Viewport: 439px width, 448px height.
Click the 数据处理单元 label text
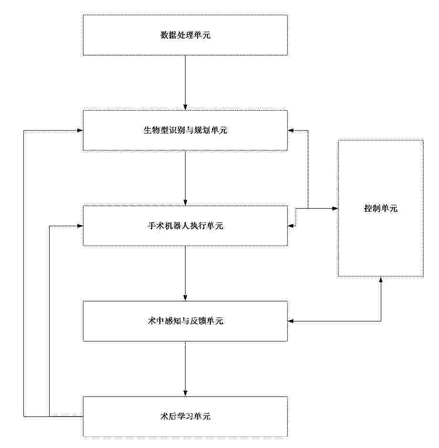click(185, 35)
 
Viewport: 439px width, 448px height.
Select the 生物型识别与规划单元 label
click(185, 130)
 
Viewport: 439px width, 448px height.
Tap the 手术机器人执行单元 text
click(185, 226)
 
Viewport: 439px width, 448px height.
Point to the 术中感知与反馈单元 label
click(185, 321)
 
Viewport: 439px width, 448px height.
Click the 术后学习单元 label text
click(185, 416)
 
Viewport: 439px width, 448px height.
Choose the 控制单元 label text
click(381, 208)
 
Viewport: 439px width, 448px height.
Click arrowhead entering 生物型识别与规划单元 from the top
click(185, 107)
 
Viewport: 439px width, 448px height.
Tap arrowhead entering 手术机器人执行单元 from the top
click(185, 203)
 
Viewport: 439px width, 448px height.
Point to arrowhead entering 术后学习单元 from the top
click(185, 393)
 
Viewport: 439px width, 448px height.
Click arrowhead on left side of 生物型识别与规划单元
click(80, 130)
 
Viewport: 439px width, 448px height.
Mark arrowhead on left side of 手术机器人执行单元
click(80, 226)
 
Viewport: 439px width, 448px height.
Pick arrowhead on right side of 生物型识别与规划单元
click(291, 130)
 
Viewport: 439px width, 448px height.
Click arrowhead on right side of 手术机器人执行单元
click(291, 226)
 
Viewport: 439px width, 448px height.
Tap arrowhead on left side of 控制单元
click(335, 209)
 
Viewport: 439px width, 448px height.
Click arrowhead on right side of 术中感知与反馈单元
click(291, 321)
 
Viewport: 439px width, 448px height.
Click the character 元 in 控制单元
click(394, 208)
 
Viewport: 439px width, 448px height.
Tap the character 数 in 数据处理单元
click(165, 35)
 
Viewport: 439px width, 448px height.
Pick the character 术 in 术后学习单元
click(165, 416)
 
